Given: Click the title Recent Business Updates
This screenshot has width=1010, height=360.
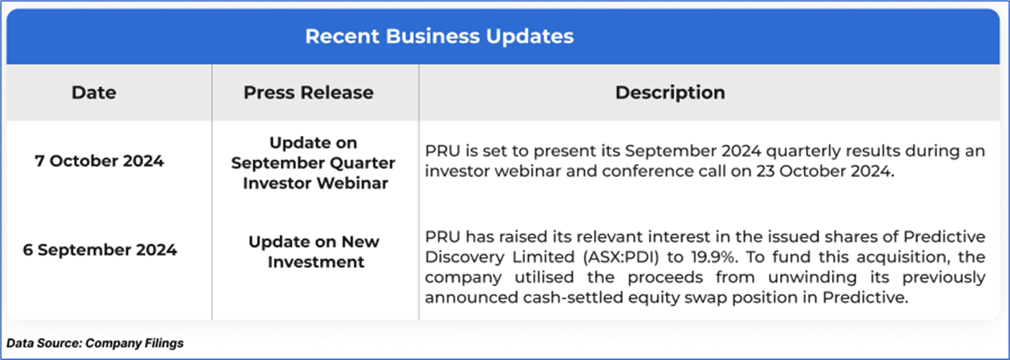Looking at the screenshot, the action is coord(439,36).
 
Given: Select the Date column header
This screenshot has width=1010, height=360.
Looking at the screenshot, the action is coord(94,93).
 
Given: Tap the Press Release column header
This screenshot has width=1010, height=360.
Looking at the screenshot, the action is coord(308,93).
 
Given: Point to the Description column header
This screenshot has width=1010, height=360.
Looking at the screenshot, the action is coord(670,93).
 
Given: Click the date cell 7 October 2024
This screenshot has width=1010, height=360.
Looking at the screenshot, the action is coord(99,161).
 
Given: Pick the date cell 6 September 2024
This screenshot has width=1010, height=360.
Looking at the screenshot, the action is coord(100,250).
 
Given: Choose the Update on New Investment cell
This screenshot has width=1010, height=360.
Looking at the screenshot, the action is coord(314,251).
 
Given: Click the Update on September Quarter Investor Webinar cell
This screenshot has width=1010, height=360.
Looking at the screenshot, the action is coord(313,163).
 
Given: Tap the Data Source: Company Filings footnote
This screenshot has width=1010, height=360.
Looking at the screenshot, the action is coord(95,343).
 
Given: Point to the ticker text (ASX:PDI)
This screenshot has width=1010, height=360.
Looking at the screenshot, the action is coord(621,257).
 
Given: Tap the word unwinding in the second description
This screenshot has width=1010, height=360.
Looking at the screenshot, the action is coord(812,277).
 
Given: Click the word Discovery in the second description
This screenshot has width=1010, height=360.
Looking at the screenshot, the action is coord(465,257).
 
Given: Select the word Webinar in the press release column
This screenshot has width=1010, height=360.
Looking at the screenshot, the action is coord(352,184).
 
